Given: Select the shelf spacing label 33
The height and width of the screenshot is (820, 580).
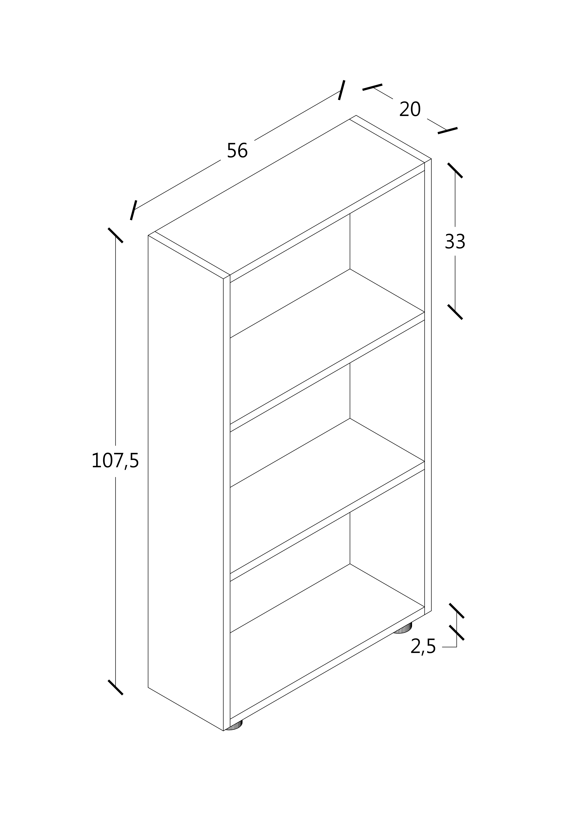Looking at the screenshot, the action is pos(455,242).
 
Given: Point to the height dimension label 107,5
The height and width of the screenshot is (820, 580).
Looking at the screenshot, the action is pos(115,461).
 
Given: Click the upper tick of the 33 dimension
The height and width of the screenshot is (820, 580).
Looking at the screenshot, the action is pos(455,170).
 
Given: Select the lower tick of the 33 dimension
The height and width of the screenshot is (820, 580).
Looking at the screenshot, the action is pos(455,312).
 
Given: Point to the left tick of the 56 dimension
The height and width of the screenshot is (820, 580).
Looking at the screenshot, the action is pos(133,210).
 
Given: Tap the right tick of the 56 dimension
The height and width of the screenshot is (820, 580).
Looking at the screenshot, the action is pos(342,90).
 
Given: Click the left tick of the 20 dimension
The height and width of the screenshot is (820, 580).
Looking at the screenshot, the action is pos(372,87).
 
